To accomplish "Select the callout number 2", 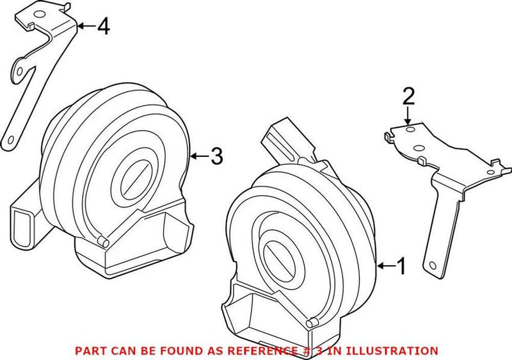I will pos(408,97).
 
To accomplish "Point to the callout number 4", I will pos(104,26).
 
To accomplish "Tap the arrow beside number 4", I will pos(86,26).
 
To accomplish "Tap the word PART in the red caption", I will pos(90,350).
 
